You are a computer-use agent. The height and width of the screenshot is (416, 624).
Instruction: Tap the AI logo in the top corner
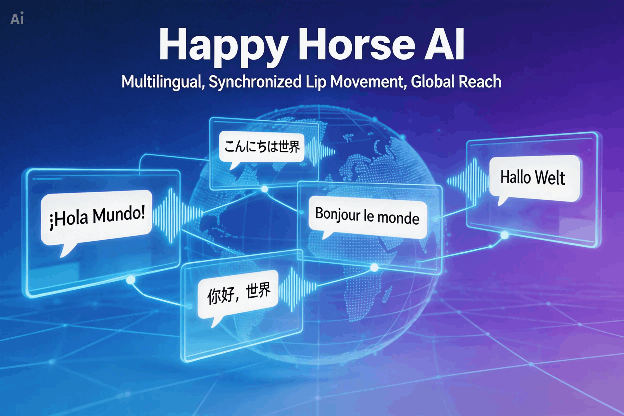pyautogui.click(x=17, y=18)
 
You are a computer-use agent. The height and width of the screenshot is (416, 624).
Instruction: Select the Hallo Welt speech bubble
pyautogui.click(x=534, y=179)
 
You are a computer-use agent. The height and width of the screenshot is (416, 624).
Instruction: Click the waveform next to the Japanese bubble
pyautogui.click(x=320, y=152)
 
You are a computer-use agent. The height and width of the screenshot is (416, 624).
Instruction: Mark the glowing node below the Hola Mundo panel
pyautogui.click(x=130, y=280)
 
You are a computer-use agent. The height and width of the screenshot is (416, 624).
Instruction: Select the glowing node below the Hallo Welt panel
pyautogui.click(x=504, y=235)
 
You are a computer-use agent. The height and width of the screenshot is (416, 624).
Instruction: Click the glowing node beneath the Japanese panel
pyautogui.click(x=264, y=189)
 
